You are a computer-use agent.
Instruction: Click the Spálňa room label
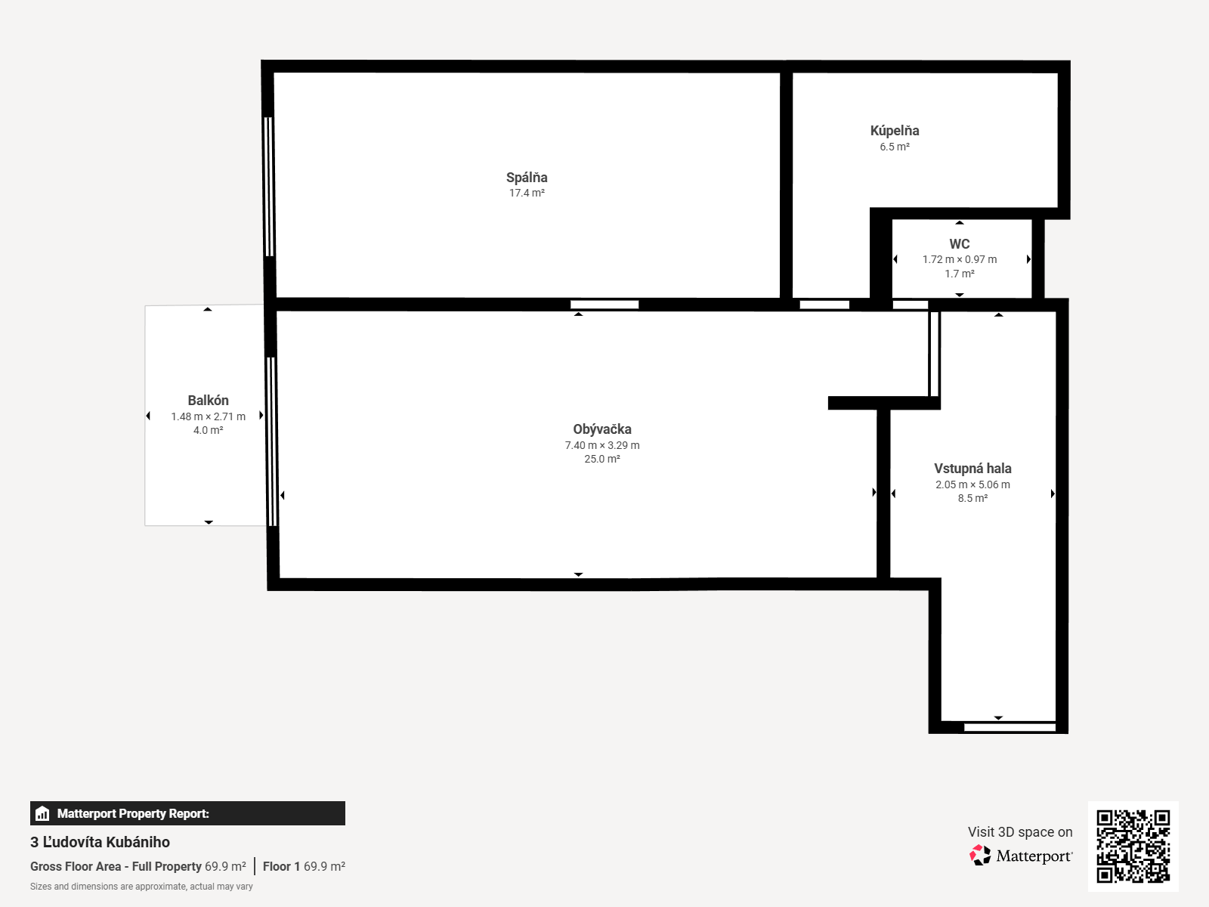tap(527, 178)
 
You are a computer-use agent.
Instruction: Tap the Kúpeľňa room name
tap(895, 131)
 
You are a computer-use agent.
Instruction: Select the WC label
tap(960, 243)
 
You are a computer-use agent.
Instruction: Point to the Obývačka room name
tap(602, 429)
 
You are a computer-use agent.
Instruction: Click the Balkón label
tap(208, 401)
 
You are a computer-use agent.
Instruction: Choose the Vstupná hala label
tap(972, 469)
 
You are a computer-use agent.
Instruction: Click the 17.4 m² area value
tap(527, 193)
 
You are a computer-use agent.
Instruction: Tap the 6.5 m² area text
tap(895, 147)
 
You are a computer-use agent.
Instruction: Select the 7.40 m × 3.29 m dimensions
tap(602, 445)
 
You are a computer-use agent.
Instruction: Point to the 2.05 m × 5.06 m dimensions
tap(972, 484)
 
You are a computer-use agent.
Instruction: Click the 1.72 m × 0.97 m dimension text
tap(960, 259)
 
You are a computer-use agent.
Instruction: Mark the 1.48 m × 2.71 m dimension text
tap(209, 416)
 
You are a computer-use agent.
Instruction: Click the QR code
tap(1133, 846)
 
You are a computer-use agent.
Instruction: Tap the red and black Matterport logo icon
tap(980, 856)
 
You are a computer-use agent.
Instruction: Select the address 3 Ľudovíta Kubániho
tap(100, 842)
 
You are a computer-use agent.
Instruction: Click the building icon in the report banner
tap(42, 813)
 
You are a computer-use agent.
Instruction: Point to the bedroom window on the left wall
tap(269, 187)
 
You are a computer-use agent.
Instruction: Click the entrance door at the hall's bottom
tap(1010, 727)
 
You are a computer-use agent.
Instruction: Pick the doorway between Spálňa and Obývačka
tap(604, 305)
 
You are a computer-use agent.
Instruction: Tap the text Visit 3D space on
tap(1020, 832)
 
